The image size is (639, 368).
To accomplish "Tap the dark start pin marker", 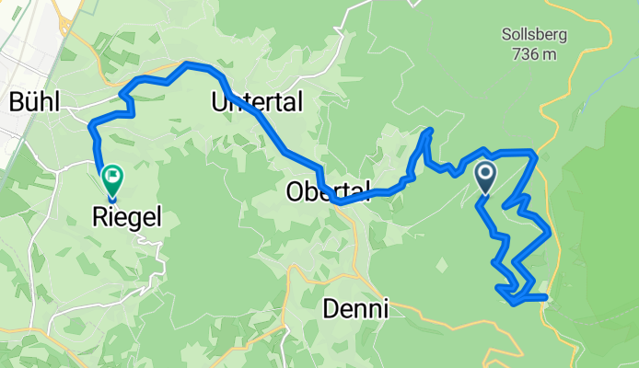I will pyautogui.click(x=485, y=176).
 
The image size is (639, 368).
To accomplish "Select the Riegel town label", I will pyautogui.click(x=115, y=216).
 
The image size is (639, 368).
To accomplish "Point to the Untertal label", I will pyautogui.click(x=257, y=102).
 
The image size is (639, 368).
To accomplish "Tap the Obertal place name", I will pyautogui.click(x=329, y=191).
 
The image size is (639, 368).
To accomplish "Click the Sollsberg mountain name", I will pyautogui.click(x=533, y=36).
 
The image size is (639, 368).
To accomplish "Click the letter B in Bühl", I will pyautogui.click(x=15, y=102).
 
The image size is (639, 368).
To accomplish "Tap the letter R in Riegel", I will pyautogui.click(x=99, y=216).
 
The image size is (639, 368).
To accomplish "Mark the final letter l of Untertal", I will pyautogui.click(x=299, y=102).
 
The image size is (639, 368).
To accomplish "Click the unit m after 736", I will pyautogui.click(x=549, y=55).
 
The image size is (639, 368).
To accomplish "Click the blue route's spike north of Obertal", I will pyautogui.click(x=429, y=131).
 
